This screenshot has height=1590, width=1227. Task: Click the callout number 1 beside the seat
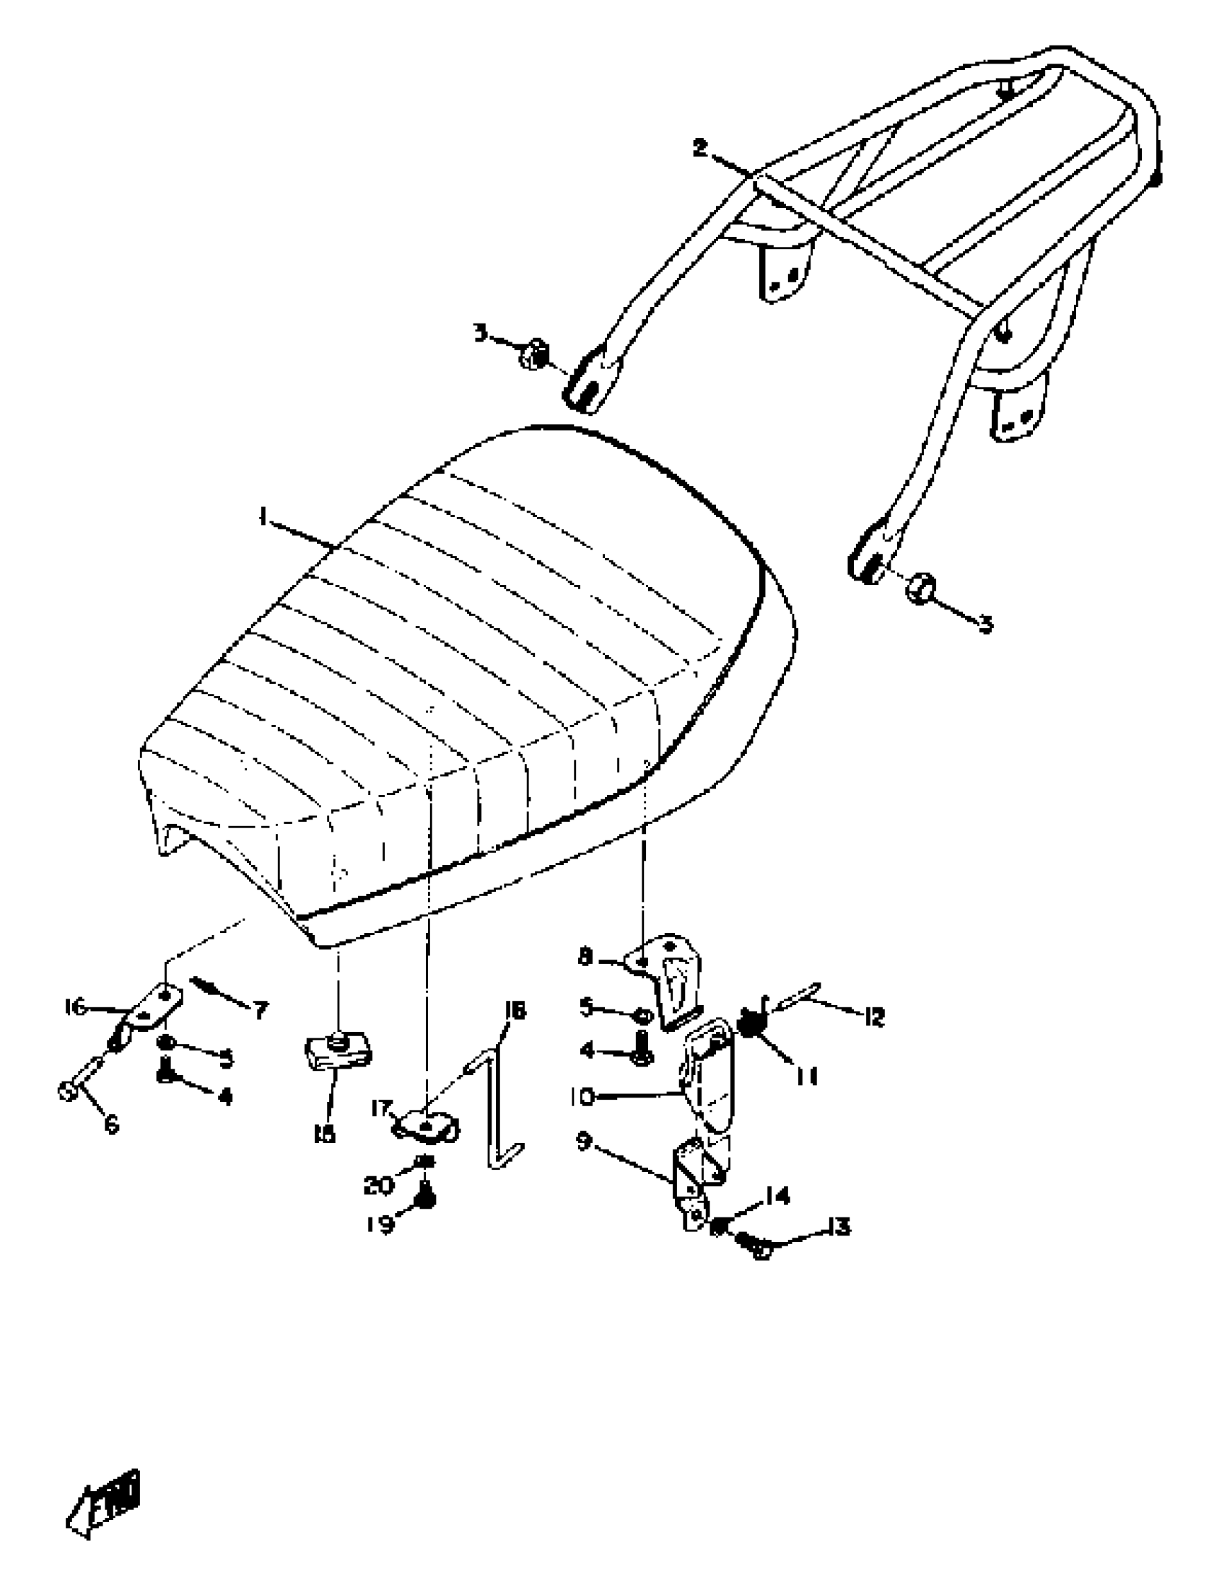(262, 518)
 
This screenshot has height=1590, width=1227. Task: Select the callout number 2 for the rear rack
(699, 149)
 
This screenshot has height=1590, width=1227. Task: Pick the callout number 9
(584, 1142)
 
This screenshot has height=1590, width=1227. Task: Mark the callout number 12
(873, 1017)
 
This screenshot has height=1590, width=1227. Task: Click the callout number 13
(837, 1228)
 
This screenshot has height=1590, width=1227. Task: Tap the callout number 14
(777, 1196)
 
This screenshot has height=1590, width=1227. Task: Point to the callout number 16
(75, 1008)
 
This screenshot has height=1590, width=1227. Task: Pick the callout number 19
(380, 1225)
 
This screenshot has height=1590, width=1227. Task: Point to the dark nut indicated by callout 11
(748, 1025)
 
